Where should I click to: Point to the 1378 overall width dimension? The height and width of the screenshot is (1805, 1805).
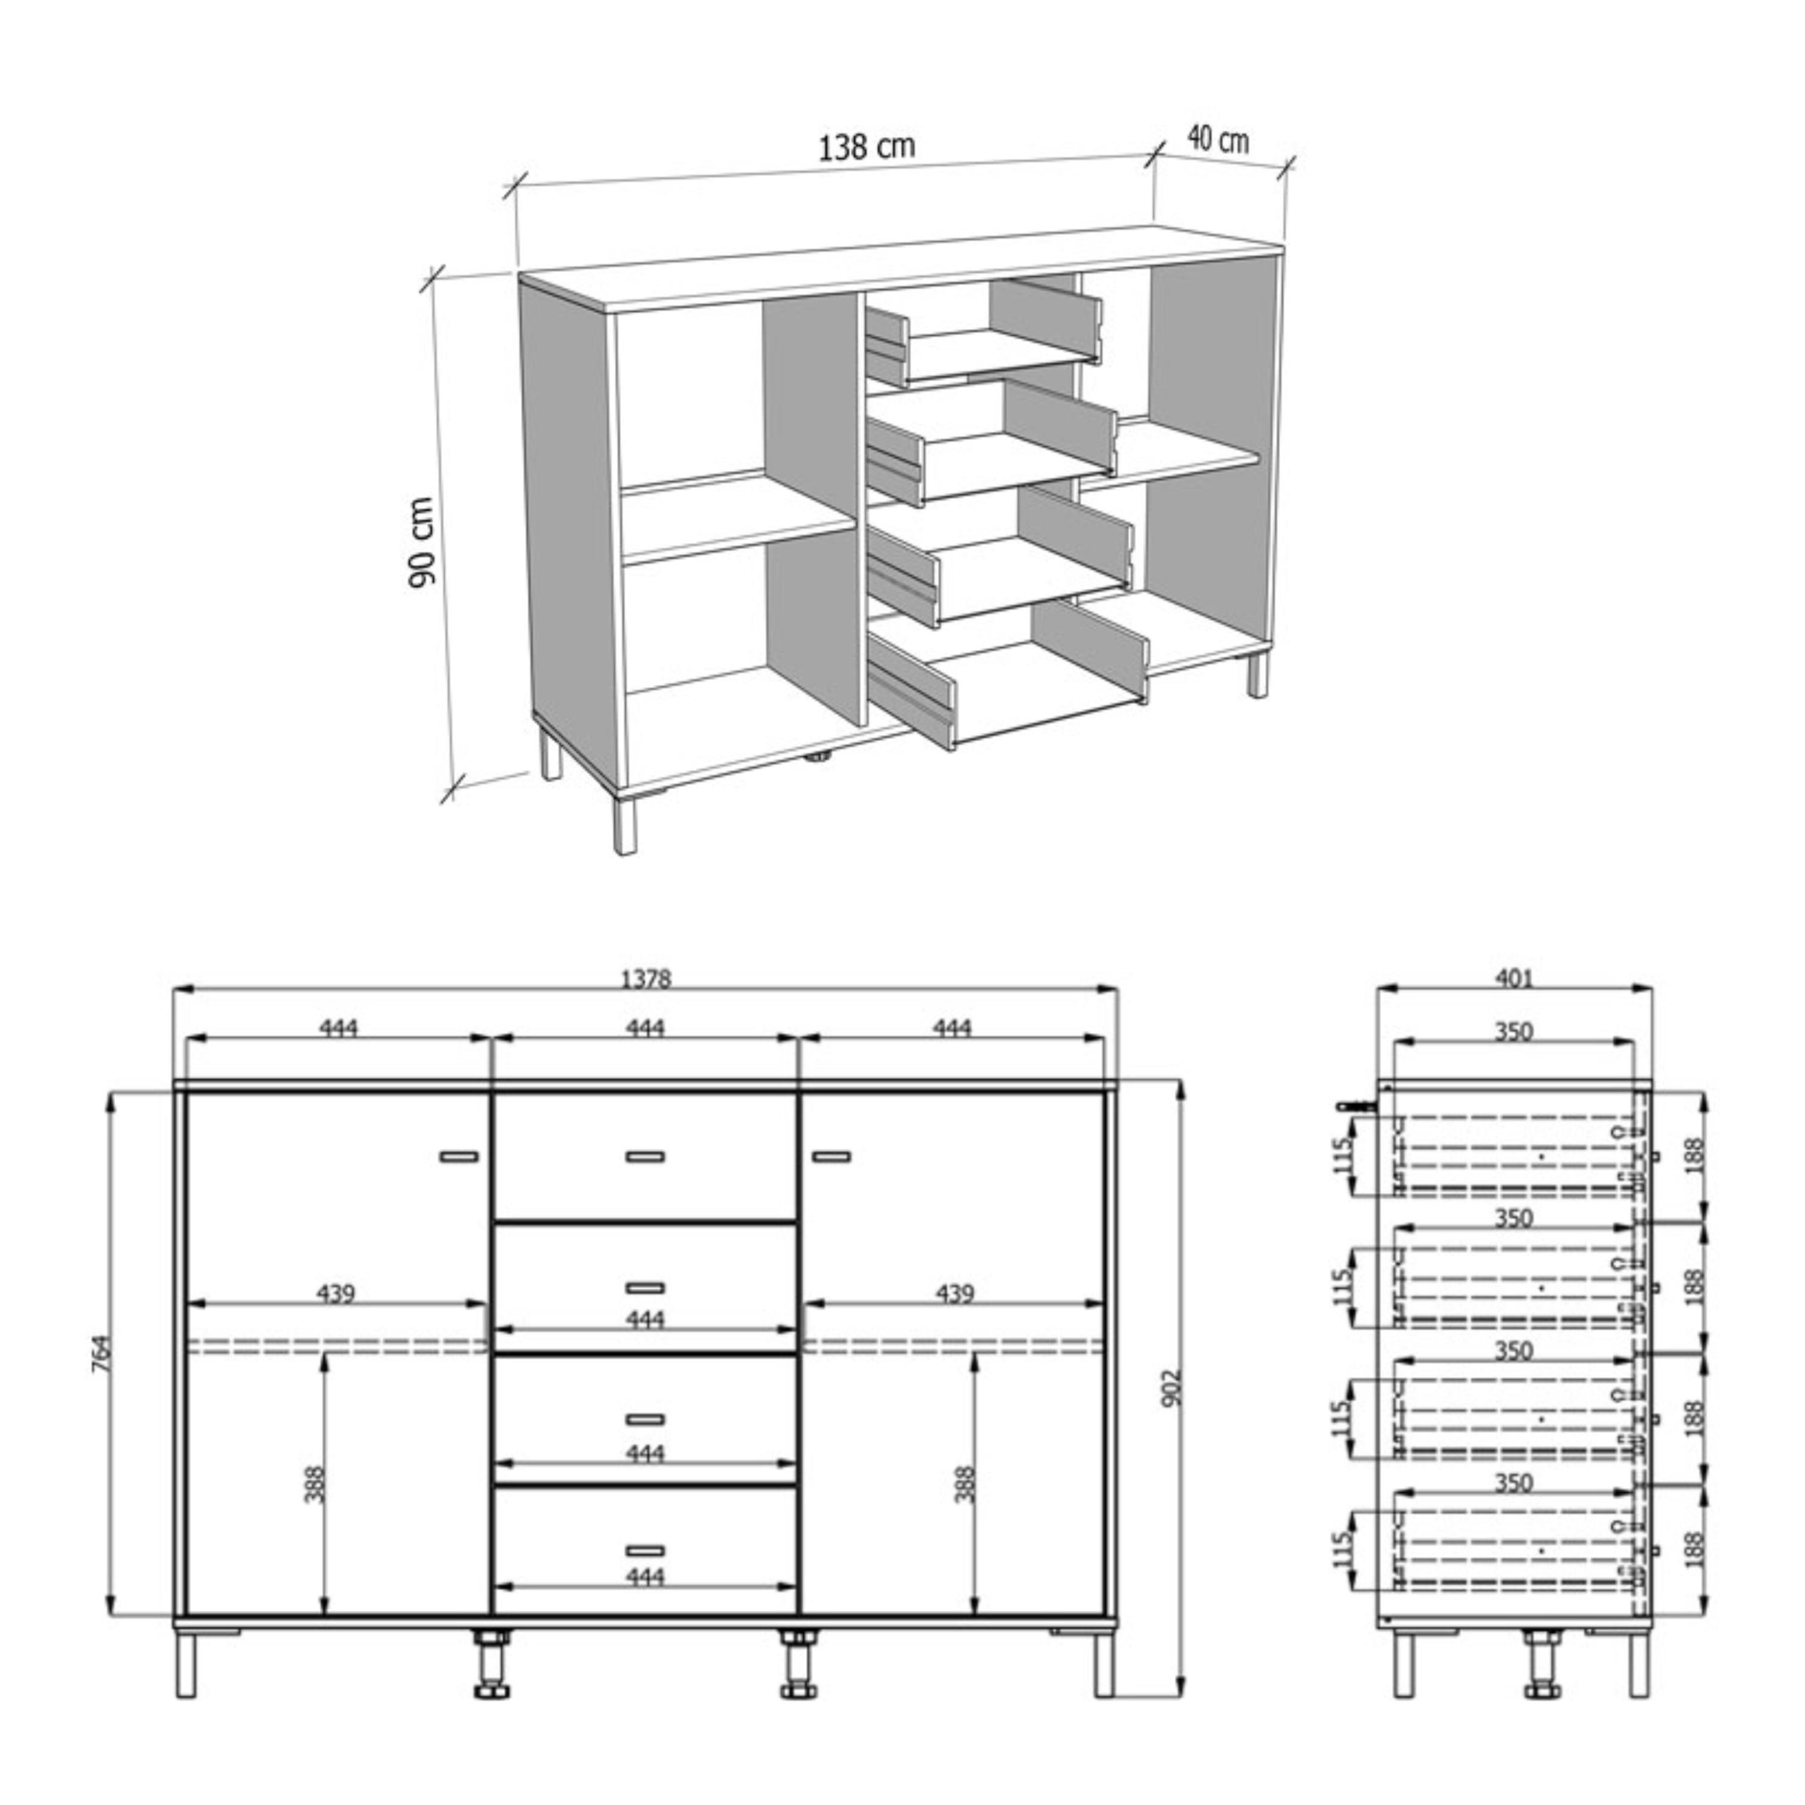tap(646, 978)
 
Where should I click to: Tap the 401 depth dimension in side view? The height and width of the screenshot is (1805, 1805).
tap(1514, 978)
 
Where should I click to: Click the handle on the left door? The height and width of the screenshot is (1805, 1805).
tap(458, 1156)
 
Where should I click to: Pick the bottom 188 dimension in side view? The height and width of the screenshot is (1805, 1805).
tap(1697, 1550)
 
